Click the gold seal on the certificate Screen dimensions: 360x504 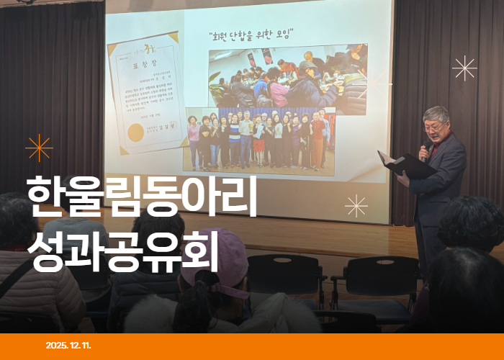click(135, 132)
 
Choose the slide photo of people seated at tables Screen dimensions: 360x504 click(288, 75)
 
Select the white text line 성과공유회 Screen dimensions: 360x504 click(122, 250)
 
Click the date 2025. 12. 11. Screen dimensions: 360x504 click(68, 346)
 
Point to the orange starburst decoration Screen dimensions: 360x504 click(39, 148)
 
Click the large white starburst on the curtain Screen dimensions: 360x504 click(464, 68)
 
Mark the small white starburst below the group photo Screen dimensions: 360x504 click(356, 206)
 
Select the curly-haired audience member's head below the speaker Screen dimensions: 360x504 click(472, 223)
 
